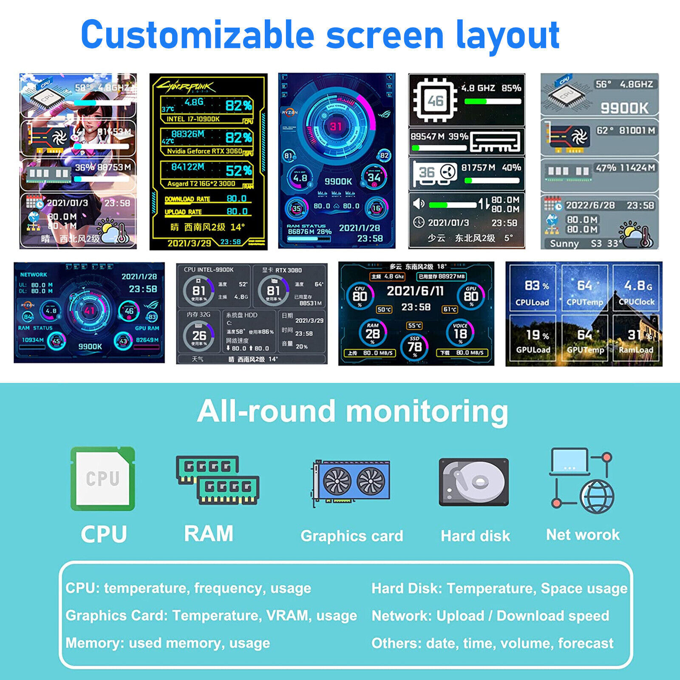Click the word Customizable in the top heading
pos(197,35)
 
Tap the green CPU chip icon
pos(103,479)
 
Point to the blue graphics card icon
pos(351,482)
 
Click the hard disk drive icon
pos(473,482)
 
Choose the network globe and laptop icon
pos(582,480)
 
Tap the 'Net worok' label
pos(583,535)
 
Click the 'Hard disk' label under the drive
pos(475,536)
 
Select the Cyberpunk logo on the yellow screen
pos(186,87)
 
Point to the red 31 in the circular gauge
pos(336,126)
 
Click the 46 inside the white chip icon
pos(435,101)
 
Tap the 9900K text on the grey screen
pos(624,108)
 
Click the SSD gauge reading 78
pos(414,346)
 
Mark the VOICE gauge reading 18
pos(460,332)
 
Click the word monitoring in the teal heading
pos(427,411)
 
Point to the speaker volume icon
pos(419,204)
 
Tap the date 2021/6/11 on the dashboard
pos(415,291)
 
